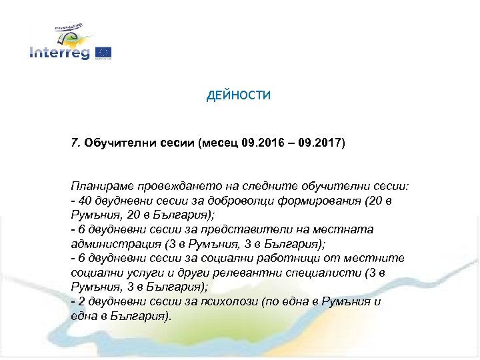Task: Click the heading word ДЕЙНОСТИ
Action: coord(239,96)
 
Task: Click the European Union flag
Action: coord(103,53)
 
